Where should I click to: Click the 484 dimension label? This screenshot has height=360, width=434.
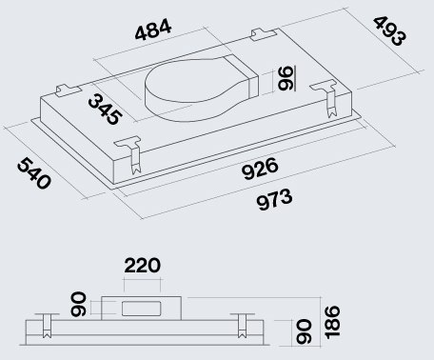tap(153, 30)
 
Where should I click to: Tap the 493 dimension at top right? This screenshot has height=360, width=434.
tap(389, 31)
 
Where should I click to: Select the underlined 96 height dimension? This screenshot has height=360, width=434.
tap(286, 78)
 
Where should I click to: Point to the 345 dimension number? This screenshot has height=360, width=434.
tap(105, 110)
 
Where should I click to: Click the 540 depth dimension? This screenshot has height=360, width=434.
tap(34, 173)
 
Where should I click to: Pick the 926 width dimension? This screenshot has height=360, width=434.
tap(260, 169)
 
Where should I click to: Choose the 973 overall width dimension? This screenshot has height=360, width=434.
tap(274, 199)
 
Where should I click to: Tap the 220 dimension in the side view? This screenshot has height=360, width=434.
tap(142, 266)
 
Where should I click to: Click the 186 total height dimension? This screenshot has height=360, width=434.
tap(331, 322)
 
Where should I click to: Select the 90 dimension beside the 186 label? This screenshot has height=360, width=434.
tap(303, 331)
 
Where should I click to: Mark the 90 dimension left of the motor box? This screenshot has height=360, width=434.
tap(78, 305)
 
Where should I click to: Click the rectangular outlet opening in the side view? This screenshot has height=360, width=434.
tap(142, 309)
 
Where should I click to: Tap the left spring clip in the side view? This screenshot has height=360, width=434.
tap(47, 326)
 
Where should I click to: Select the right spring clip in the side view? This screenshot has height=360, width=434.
tap(242, 326)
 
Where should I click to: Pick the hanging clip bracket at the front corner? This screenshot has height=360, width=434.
tap(131, 154)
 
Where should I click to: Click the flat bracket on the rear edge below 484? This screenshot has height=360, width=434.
tap(263, 34)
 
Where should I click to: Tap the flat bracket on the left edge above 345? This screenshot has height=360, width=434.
tap(68, 90)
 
